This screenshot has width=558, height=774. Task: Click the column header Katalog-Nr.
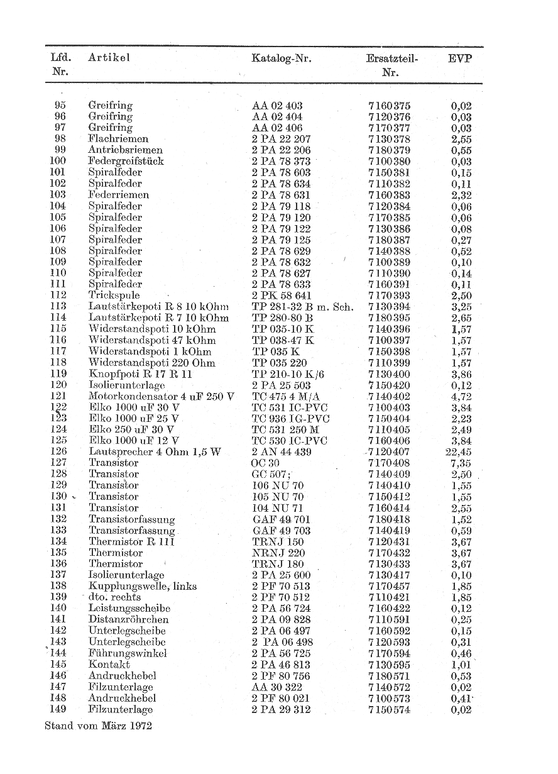(282, 58)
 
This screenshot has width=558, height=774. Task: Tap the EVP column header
(460, 58)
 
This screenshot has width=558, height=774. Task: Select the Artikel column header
(109, 58)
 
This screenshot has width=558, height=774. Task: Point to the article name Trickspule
(114, 296)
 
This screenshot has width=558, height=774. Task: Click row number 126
(58, 452)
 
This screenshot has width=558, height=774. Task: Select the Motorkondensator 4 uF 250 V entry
(161, 396)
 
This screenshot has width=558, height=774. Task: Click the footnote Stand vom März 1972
(99, 725)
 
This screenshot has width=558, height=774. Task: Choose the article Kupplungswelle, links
(143, 586)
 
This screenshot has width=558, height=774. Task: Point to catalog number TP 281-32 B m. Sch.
(303, 307)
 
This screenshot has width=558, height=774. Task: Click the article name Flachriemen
(118, 138)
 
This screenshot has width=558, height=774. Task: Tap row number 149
(58, 710)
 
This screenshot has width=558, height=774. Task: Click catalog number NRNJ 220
(278, 553)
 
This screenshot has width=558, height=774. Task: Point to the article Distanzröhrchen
(129, 619)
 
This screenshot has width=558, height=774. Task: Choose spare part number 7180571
(390, 676)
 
